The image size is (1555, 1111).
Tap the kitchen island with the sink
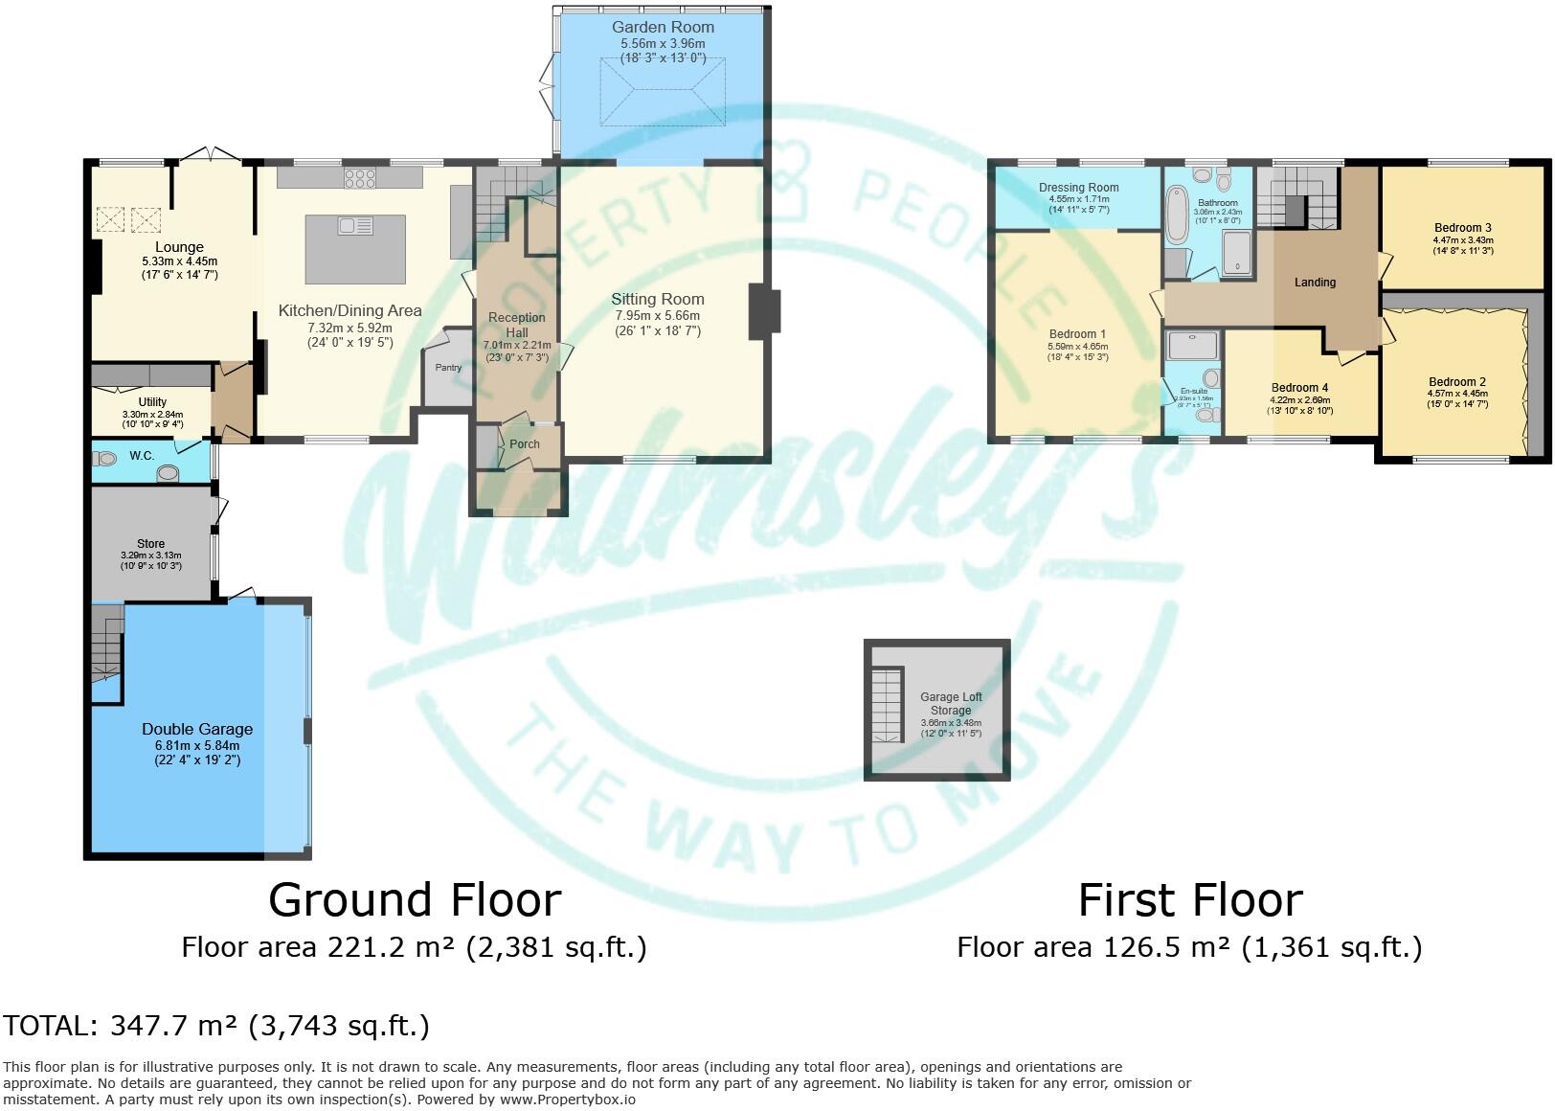(x=355, y=249)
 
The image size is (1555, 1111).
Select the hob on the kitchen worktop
(x=360, y=177)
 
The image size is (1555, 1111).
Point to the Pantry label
(x=448, y=368)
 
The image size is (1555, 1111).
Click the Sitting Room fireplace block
(x=764, y=311)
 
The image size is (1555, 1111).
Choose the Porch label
(x=524, y=443)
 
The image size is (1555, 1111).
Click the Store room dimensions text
(x=150, y=560)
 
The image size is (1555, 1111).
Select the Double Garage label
(x=197, y=729)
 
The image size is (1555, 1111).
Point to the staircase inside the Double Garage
(x=107, y=647)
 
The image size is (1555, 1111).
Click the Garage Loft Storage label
(x=951, y=704)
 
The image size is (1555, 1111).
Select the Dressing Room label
(x=1078, y=188)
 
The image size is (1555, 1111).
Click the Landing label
(x=1315, y=282)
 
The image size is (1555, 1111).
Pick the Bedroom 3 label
(x=1462, y=228)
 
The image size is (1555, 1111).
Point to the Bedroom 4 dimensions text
(x=1299, y=406)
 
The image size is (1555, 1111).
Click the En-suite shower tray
(x=1192, y=346)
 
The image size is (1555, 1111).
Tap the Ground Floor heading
(x=415, y=899)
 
